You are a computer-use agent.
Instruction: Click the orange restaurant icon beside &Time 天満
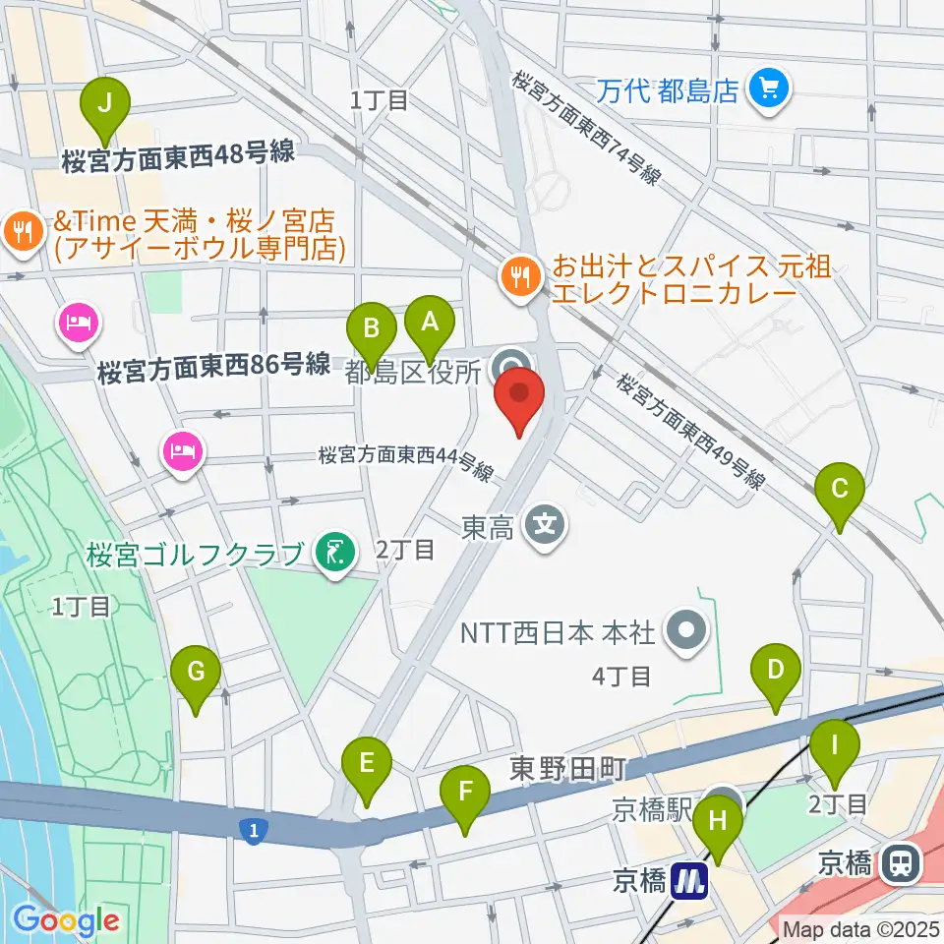pyautogui.click(x=22, y=233)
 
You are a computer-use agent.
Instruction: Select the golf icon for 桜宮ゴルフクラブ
pyautogui.click(x=334, y=553)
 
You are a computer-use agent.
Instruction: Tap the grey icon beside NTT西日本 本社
pyautogui.click(x=686, y=629)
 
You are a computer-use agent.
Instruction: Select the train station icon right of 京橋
pyautogui.click(x=898, y=863)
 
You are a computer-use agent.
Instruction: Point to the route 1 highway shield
pyautogui.click(x=254, y=832)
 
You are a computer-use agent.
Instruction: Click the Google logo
pyautogui.click(x=65, y=919)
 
